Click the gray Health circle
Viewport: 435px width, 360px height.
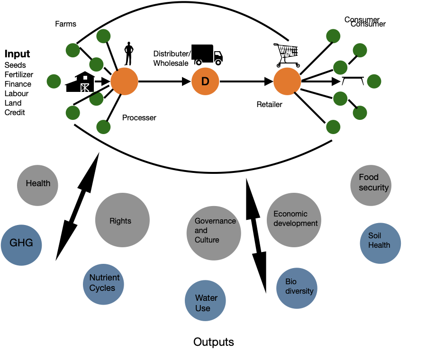(37, 185)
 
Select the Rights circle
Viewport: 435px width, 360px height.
(122, 220)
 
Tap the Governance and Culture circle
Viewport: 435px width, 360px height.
(214, 233)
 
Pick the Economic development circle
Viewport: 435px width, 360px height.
(294, 220)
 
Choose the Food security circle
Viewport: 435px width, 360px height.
(371, 185)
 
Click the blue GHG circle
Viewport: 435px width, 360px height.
(21, 245)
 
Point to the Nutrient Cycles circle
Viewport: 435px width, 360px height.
(103, 284)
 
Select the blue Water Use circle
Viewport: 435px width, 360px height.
(205, 300)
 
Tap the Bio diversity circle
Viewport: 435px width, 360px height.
(297, 288)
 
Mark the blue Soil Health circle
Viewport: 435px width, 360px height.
(381, 243)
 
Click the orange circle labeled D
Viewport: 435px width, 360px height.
(205, 81)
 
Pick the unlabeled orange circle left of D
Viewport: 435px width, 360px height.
(124, 81)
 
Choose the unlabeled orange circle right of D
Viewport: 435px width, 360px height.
(287, 81)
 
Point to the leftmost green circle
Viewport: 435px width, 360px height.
(54, 81)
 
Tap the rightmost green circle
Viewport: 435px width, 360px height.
(374, 81)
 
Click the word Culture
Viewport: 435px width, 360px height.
(207, 240)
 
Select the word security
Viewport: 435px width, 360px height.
(373, 188)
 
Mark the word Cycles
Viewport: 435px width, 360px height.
(102, 288)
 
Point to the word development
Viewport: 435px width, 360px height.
(296, 224)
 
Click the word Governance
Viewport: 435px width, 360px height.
(215, 221)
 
